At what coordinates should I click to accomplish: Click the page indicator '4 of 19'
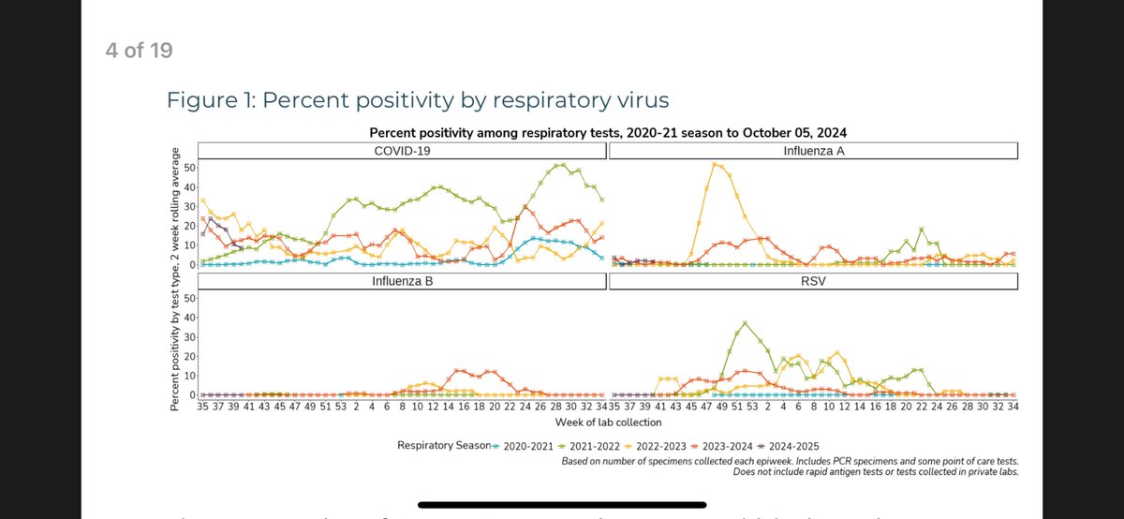(139, 50)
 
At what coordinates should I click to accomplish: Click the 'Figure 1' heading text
(418, 100)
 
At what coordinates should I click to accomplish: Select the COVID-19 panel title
(402, 151)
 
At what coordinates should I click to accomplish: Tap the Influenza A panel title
(813, 151)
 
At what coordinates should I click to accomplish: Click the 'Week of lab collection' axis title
(607, 423)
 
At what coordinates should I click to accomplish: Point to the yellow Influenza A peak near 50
(716, 164)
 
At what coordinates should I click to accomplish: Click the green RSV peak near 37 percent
(745, 323)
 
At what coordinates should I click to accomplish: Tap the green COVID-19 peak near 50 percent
(560, 165)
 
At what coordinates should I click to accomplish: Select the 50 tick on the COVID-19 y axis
(190, 168)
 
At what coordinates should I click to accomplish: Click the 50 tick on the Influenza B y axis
(190, 298)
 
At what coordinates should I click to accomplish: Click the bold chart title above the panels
(608, 132)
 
